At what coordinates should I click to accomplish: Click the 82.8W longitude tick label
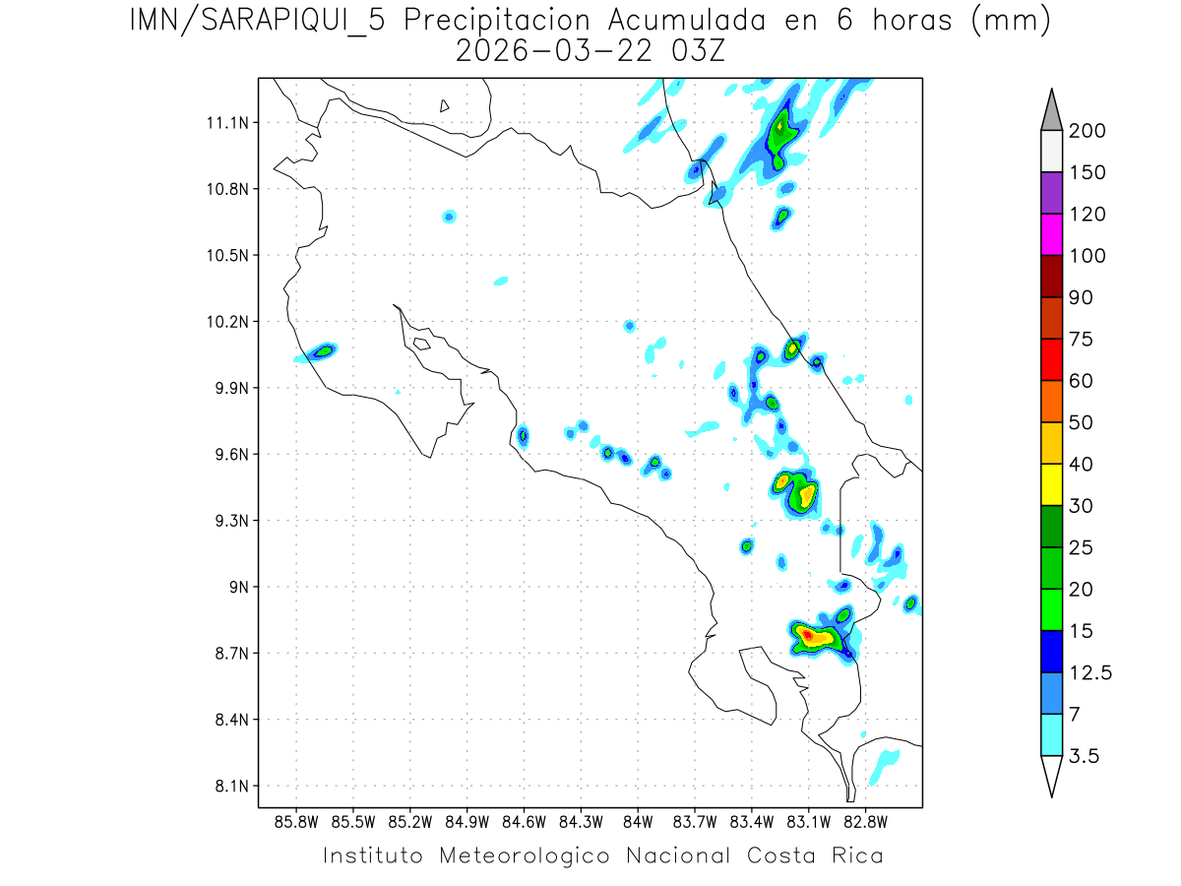(x=866, y=821)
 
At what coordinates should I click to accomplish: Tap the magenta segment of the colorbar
(x=1051, y=234)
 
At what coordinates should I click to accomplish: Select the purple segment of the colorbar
(x=1051, y=193)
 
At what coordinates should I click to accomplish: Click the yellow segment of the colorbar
(x=1051, y=484)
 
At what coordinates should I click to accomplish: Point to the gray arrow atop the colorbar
(x=1051, y=109)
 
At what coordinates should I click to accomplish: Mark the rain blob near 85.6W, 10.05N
(x=324, y=350)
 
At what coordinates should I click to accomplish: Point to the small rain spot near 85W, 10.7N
(x=449, y=216)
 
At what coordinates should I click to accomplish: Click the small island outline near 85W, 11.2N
(x=445, y=105)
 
